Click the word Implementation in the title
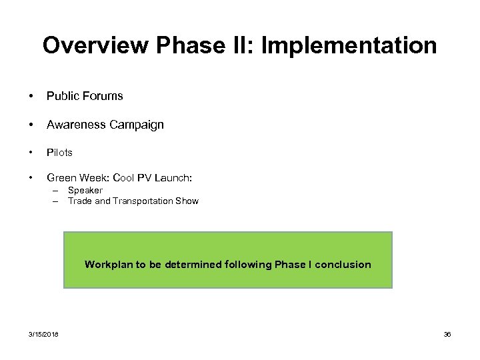pos(349,45)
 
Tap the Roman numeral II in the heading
pos(244,45)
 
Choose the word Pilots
pos(59,153)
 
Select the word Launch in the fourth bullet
pos(175,178)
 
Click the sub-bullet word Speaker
pos(85,191)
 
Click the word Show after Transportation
pos(187,201)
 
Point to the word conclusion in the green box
pos(343,265)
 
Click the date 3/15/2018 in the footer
pos(43,334)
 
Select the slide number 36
pos(447,334)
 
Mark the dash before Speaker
pos(57,191)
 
